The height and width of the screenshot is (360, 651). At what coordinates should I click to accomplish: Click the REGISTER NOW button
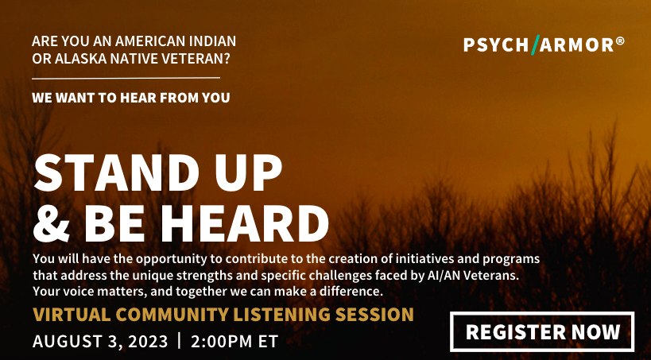click(542, 331)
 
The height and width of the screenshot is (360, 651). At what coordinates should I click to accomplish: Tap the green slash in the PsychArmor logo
click(535, 45)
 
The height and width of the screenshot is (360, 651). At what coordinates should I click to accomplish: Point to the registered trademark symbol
click(620, 41)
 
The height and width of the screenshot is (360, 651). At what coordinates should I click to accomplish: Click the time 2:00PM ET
click(234, 342)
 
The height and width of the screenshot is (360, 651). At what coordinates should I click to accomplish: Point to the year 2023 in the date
click(148, 342)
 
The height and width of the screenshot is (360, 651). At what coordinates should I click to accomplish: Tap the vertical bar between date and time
click(180, 341)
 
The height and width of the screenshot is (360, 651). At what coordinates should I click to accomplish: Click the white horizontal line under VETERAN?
click(126, 78)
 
